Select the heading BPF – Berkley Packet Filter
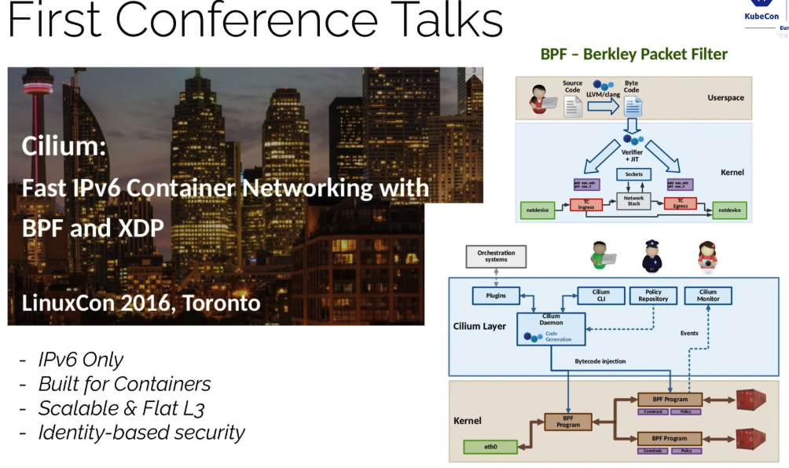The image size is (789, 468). pyautogui.click(x=633, y=54)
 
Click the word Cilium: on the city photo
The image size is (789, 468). pyautogui.click(x=64, y=147)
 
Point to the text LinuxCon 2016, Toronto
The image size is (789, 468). pyautogui.click(x=141, y=302)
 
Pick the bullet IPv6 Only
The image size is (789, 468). pyautogui.click(x=81, y=360)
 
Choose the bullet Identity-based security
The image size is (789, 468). pyautogui.click(x=141, y=432)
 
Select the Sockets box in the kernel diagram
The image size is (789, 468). pyautogui.click(x=634, y=174)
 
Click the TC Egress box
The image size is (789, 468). pyautogui.click(x=680, y=203)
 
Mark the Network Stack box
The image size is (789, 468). pyautogui.click(x=634, y=202)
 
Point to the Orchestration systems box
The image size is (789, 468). pyautogui.click(x=496, y=256)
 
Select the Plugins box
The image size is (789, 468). pyautogui.click(x=496, y=296)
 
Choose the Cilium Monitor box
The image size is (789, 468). pyautogui.click(x=707, y=295)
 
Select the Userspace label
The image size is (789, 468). pyautogui.click(x=725, y=97)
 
